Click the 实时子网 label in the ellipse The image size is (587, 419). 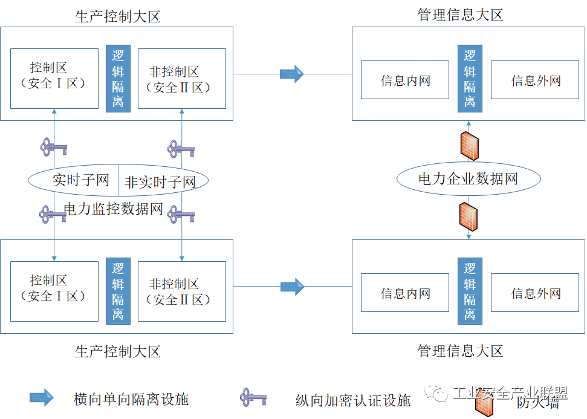click(80, 180)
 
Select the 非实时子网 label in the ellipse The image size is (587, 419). click(160, 181)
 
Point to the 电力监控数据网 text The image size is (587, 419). click(114, 209)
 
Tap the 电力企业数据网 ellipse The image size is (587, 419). click(468, 178)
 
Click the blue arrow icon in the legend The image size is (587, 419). click(42, 397)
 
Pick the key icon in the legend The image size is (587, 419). click(253, 397)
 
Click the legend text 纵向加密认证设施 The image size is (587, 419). click(353, 400)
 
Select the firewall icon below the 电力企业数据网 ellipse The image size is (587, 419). click(469, 216)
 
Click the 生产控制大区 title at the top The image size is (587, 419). click(118, 17)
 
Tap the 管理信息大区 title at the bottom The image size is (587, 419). click(461, 351)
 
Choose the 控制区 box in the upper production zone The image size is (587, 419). click(54, 79)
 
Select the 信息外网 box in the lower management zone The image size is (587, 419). click(536, 294)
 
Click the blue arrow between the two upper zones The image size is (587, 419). click(292, 74)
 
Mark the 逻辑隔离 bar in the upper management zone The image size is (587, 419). click(470, 79)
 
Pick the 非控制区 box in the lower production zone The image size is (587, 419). click(181, 291)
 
